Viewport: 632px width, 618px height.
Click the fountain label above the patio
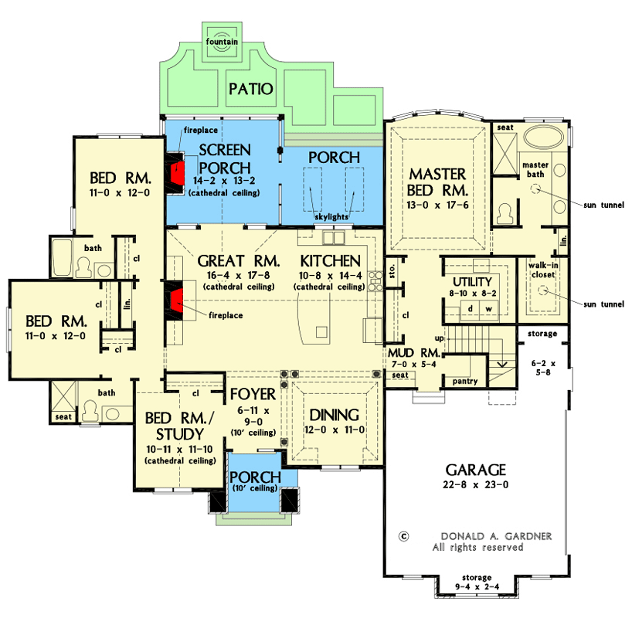point(222,42)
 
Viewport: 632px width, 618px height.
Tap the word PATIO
point(250,90)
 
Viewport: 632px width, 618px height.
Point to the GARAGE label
point(475,470)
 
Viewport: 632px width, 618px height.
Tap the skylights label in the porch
point(333,218)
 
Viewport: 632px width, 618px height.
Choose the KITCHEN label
point(331,260)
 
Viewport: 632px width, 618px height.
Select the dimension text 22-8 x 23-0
point(475,485)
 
